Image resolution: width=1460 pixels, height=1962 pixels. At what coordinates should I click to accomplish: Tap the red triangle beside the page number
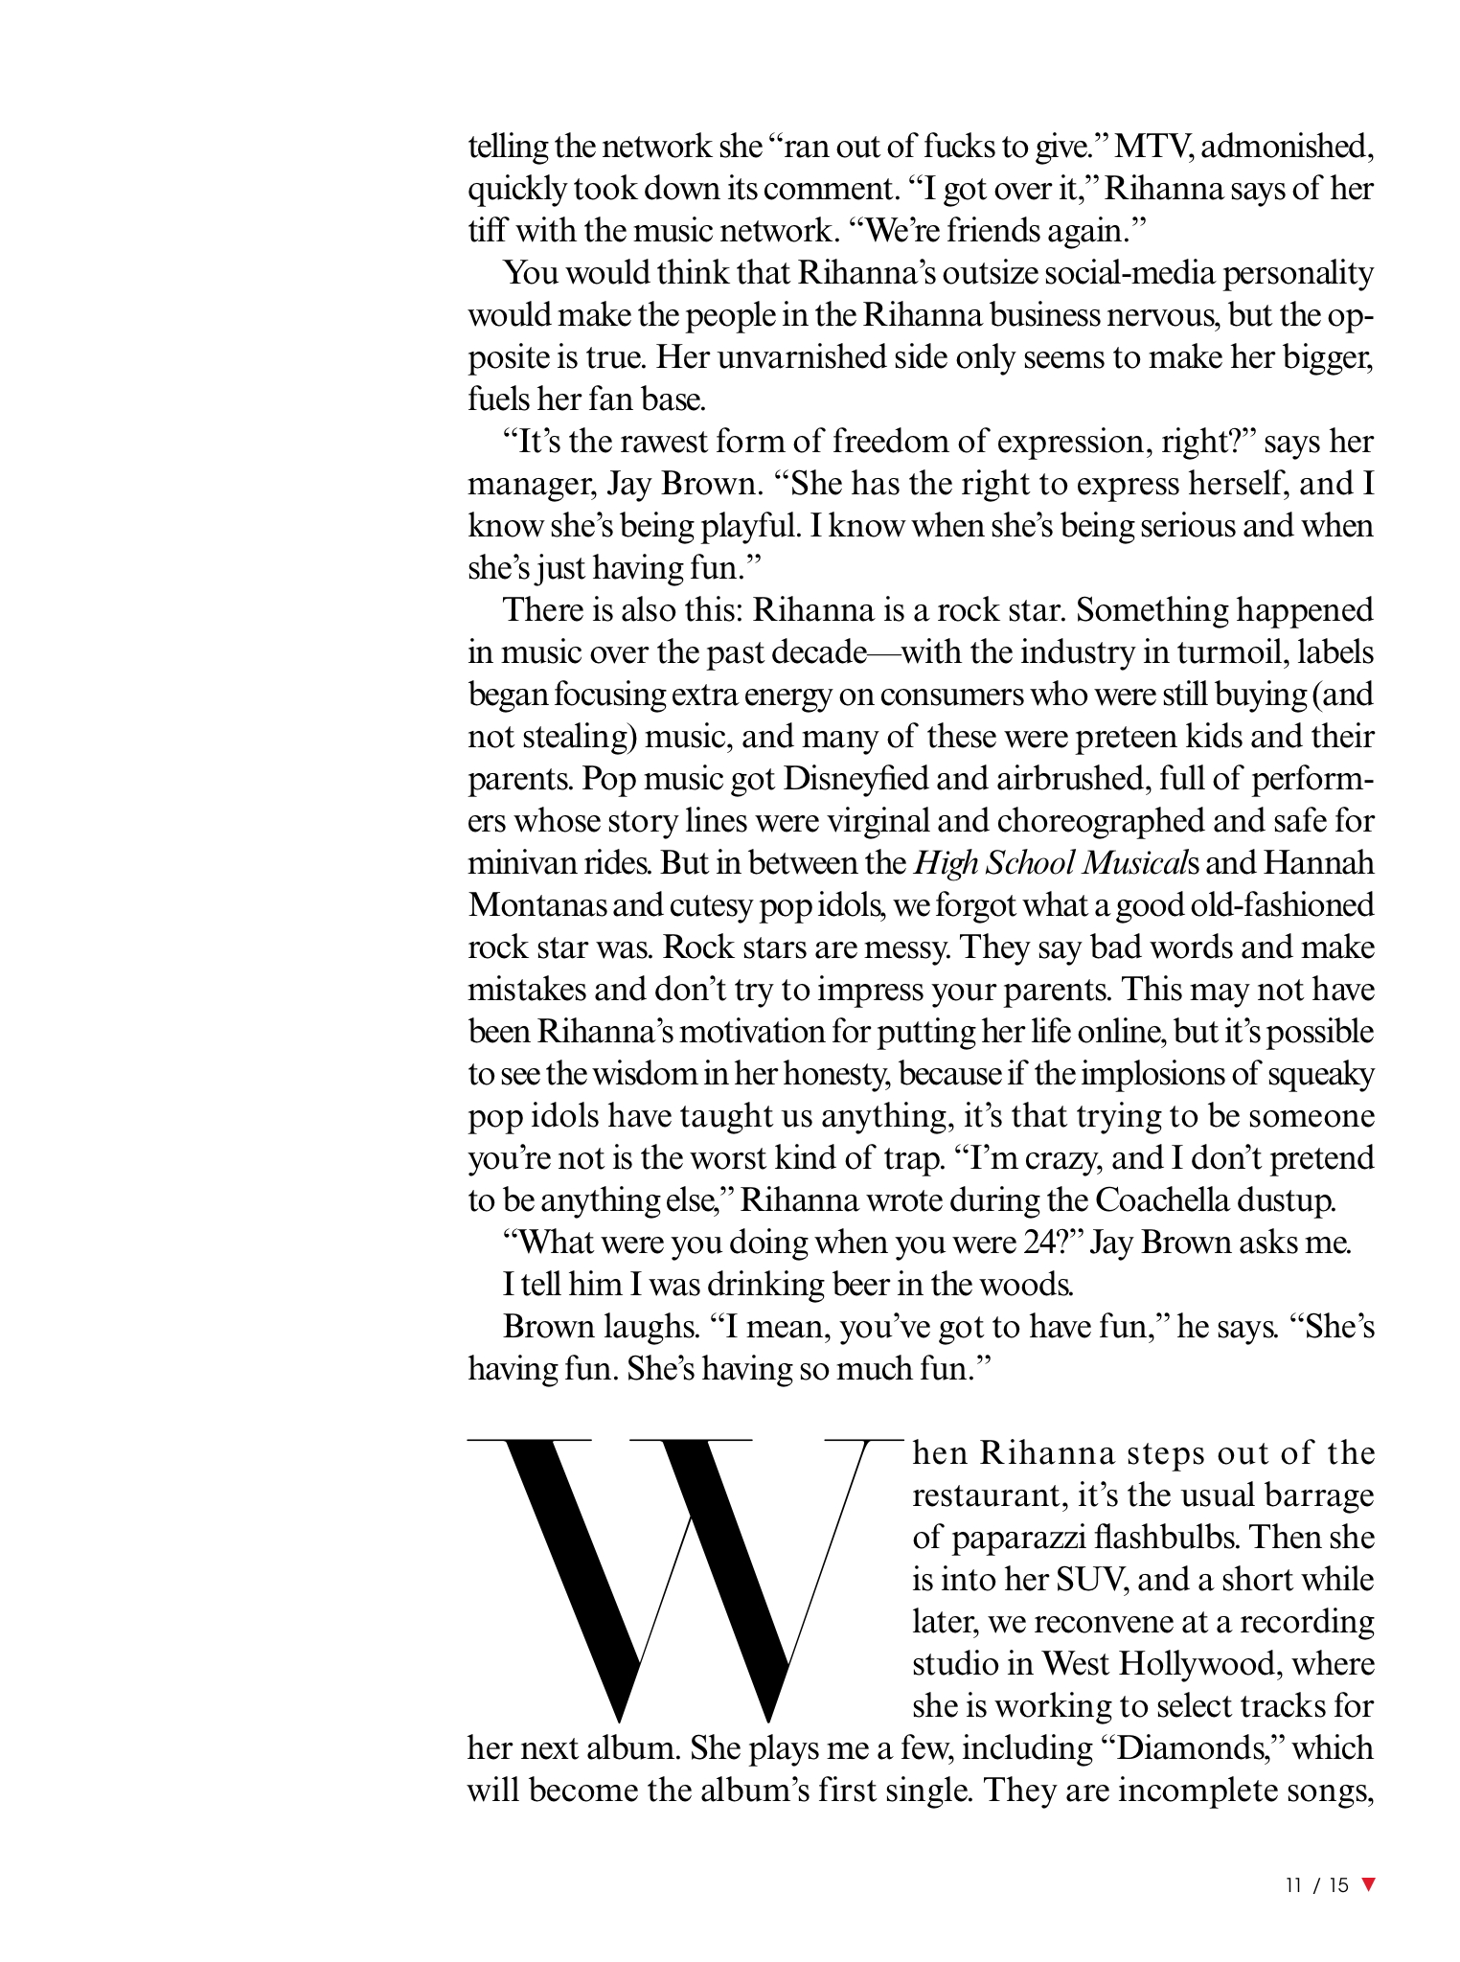(x=1368, y=1884)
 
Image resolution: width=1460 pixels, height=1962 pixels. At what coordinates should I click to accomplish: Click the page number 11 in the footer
(x=1294, y=1885)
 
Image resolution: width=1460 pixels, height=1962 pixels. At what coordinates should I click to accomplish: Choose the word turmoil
(x=1235, y=651)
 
